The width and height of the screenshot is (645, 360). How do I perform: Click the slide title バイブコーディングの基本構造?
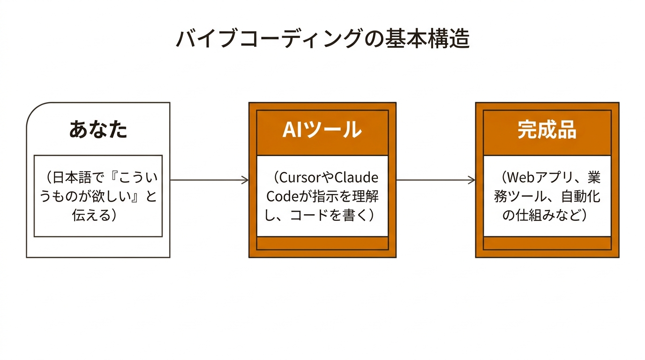[322, 39]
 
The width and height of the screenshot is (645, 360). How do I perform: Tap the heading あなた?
[98, 129]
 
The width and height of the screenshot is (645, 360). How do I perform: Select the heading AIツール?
[322, 129]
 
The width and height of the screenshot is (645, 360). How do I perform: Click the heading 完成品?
[547, 129]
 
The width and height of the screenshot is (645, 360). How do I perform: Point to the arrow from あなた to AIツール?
[209, 180]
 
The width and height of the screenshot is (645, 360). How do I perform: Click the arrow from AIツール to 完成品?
[435, 180]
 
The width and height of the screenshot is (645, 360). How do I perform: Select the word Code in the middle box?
[281, 196]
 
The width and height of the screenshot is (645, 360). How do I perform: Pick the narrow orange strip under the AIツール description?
[322, 243]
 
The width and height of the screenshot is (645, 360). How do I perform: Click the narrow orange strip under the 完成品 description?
[547, 243]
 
